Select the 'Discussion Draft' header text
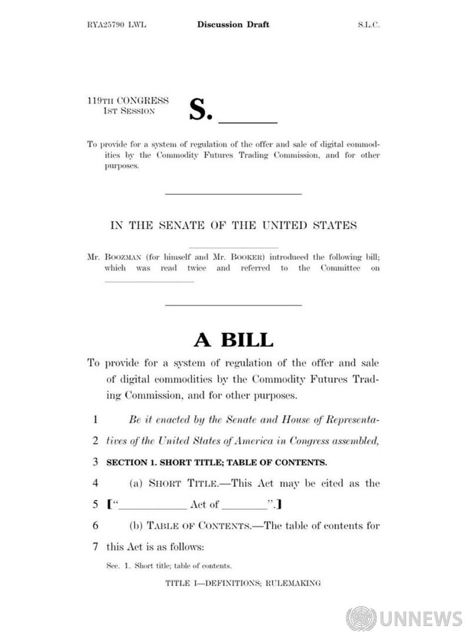point(233,24)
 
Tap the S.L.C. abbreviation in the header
point(369,25)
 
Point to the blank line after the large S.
point(247,121)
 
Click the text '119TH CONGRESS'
point(127,101)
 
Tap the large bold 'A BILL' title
point(234,340)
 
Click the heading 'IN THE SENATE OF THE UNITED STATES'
point(234,225)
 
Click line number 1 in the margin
point(94,420)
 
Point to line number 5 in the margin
point(94,505)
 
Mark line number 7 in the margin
point(94,546)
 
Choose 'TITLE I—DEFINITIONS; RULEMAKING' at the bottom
point(243,583)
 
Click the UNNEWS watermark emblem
point(361,619)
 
